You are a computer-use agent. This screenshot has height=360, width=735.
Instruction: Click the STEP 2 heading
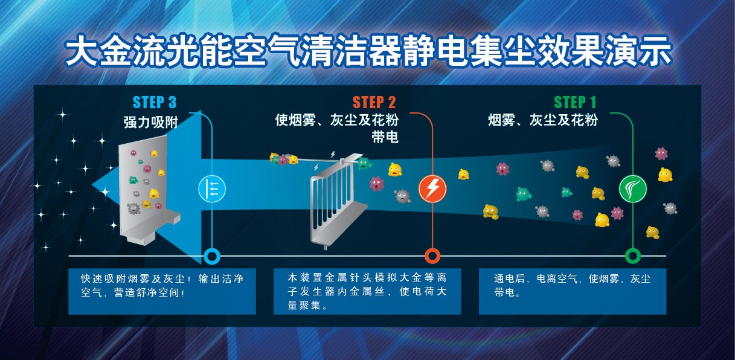374,101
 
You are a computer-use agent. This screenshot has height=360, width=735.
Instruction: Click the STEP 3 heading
155,101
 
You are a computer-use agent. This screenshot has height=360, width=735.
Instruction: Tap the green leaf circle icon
632,189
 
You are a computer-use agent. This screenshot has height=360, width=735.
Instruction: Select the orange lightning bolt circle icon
432,189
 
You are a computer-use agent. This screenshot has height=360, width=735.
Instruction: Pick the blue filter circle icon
212,189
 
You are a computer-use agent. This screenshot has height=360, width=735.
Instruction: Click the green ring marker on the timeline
632,256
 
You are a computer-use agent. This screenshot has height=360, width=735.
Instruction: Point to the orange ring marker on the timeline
432,256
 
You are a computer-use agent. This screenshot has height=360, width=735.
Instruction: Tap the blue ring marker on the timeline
211,256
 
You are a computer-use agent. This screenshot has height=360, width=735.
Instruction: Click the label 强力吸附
150,123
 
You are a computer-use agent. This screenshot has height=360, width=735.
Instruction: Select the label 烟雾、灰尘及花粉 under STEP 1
543,120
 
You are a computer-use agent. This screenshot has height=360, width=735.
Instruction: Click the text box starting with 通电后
572,291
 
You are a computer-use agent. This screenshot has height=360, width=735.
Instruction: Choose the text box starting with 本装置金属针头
367,291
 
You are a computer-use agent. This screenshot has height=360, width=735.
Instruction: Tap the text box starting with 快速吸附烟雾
161,291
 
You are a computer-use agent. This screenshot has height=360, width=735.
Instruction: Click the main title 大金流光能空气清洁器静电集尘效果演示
368,53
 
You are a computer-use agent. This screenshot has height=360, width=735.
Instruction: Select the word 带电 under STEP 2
385,138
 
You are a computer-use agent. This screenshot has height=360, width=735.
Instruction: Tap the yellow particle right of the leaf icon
665,175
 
